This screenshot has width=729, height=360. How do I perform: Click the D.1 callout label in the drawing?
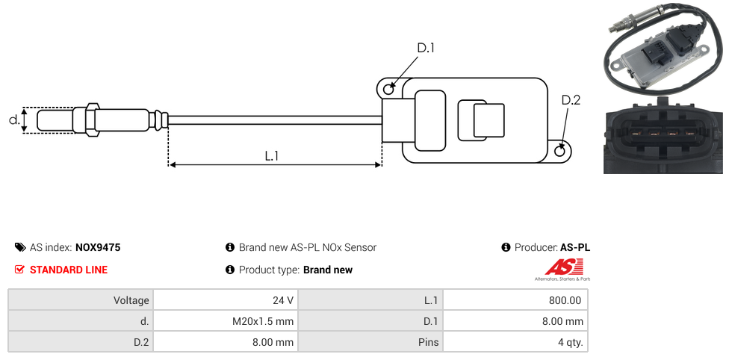click(426, 48)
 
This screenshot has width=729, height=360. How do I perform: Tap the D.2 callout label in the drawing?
click(571, 100)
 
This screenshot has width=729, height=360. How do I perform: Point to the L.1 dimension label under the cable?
click(272, 155)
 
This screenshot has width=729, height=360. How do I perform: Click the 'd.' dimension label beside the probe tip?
click(13, 120)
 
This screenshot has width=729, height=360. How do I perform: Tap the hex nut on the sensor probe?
click(93, 120)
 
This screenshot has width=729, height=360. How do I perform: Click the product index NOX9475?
click(98, 247)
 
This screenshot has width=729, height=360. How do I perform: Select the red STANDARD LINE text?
click(69, 270)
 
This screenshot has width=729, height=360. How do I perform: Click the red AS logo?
click(561, 267)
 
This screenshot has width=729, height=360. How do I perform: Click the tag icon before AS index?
click(20, 247)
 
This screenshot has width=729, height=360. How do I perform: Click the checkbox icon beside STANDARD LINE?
click(20, 270)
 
